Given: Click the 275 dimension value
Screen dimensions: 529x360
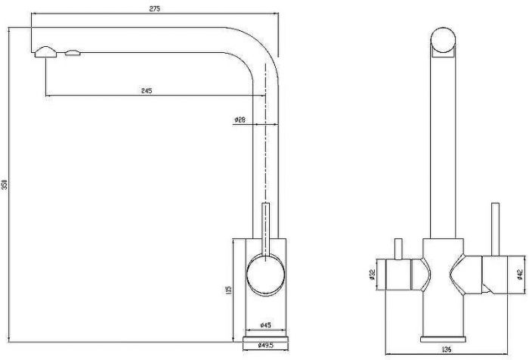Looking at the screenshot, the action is [154, 9].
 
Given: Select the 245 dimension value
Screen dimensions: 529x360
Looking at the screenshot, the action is [147, 91].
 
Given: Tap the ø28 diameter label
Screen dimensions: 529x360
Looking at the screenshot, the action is [240, 119].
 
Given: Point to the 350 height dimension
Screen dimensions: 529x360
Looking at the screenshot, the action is [5, 185].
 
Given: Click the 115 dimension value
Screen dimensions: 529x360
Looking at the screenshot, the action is [228, 290].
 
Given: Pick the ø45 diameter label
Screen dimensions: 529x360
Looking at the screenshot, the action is [266, 325].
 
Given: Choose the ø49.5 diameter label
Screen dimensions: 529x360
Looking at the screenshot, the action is [265, 345].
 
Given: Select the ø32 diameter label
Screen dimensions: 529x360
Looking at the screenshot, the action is [372, 275].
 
